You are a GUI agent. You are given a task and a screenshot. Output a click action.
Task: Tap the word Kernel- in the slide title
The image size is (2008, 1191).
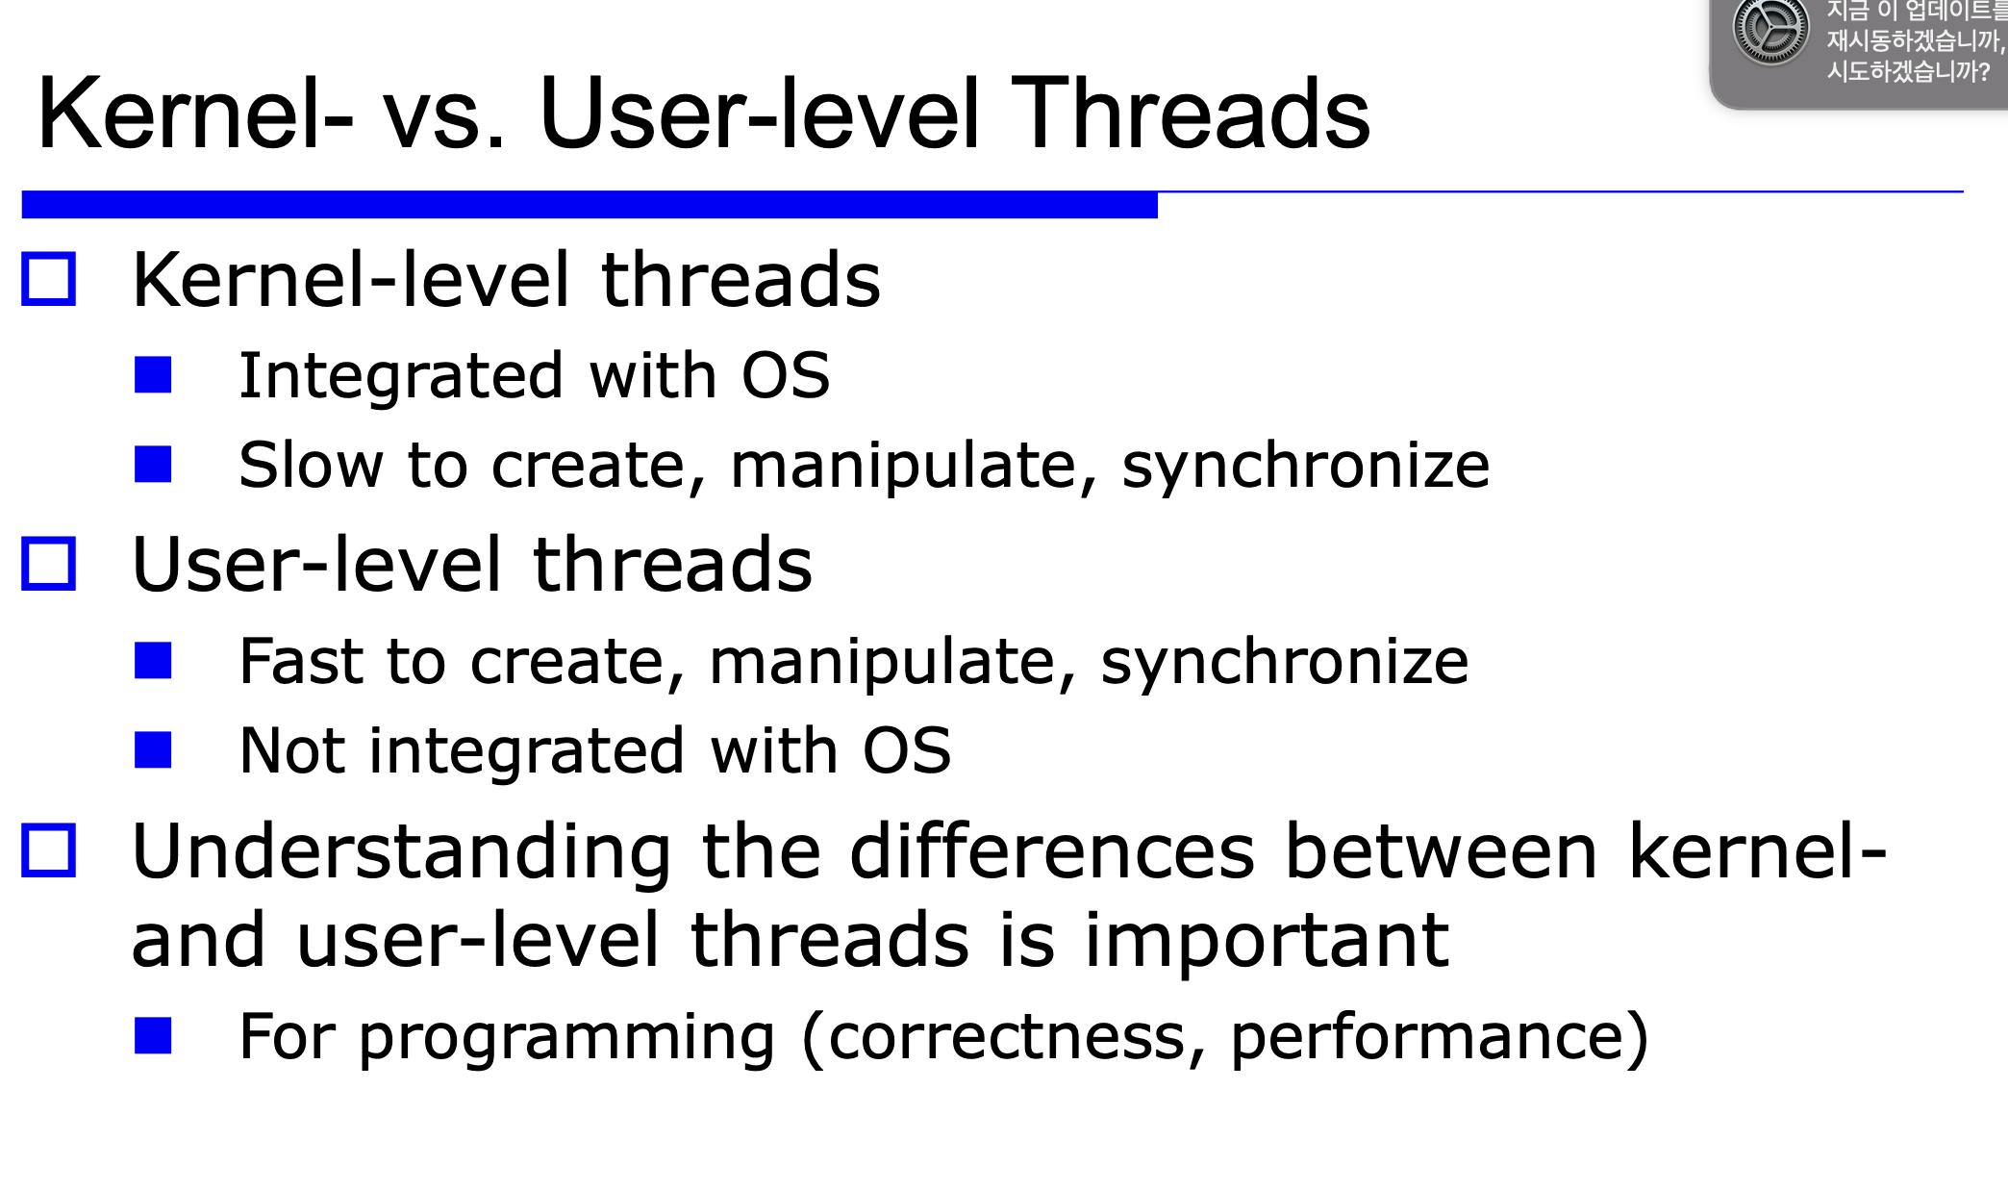tap(195, 114)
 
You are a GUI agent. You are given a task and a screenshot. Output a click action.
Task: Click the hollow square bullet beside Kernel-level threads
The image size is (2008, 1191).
tap(48, 279)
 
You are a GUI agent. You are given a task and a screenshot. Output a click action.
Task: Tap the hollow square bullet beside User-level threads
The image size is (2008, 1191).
tap(48, 563)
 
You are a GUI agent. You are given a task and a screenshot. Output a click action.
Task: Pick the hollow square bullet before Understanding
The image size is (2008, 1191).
tap(48, 850)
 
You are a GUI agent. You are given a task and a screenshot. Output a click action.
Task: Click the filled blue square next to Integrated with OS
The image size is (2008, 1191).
tap(153, 375)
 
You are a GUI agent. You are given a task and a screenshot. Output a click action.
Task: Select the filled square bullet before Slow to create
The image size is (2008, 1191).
tap(153, 464)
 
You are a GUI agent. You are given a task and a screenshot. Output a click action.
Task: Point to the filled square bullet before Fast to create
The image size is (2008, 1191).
tap(153, 660)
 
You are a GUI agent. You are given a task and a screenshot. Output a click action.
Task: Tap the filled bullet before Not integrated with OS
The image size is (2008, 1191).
tap(153, 749)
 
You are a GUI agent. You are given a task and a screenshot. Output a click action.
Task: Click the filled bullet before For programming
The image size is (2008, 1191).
tap(153, 1035)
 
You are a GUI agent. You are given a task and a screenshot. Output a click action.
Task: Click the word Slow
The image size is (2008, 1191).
tap(312, 465)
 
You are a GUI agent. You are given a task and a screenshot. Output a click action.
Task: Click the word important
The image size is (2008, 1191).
tap(1267, 942)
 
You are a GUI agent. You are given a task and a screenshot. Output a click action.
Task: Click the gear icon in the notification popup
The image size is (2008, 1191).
tap(1770, 31)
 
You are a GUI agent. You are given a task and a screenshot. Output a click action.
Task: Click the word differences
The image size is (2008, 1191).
tap(1052, 851)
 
